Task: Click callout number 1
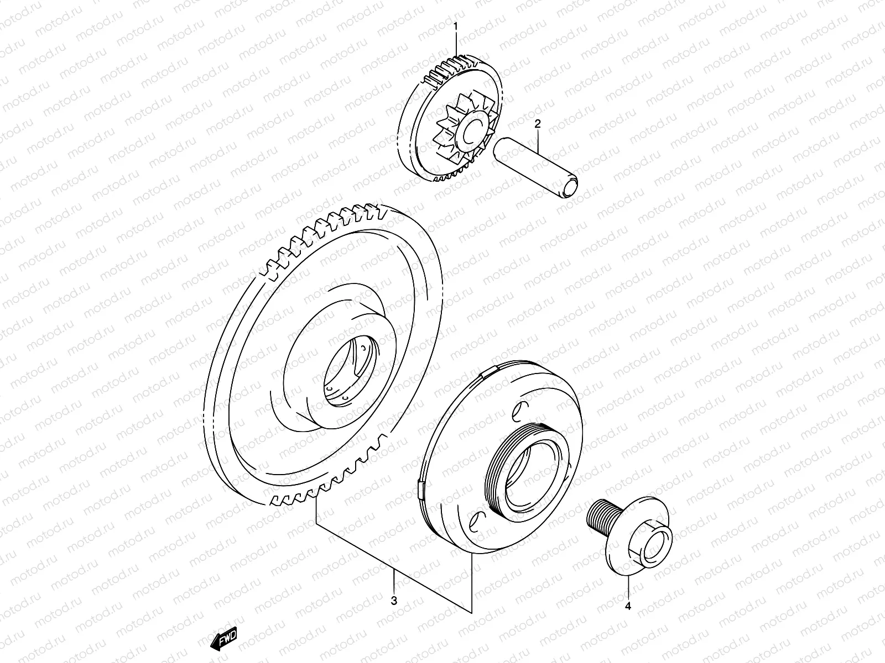click(x=456, y=25)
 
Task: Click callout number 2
click(x=537, y=125)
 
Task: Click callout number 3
click(x=394, y=600)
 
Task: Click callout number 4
click(x=628, y=606)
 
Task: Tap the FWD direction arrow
click(x=223, y=639)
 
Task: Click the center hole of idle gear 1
click(x=473, y=130)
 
